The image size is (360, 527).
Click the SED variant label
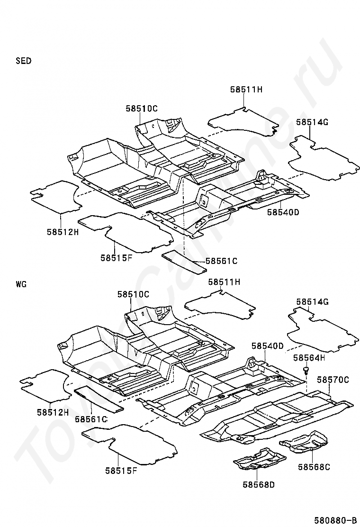point(24,61)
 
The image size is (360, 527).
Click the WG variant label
point(21,284)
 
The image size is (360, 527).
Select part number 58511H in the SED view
point(246,90)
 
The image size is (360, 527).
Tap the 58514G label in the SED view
point(312,122)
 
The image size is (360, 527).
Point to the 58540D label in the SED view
point(283,212)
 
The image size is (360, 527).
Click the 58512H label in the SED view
point(63,232)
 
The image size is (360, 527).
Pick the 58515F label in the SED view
point(116,258)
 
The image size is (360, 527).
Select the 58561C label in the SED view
point(221,261)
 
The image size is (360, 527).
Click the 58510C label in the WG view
point(133,294)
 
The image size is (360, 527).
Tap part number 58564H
point(309,358)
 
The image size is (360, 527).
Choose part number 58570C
point(333,380)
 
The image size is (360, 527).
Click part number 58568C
point(314,467)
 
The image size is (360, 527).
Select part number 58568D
point(259,484)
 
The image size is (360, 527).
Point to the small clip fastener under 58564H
point(306,371)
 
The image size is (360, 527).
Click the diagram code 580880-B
point(335,521)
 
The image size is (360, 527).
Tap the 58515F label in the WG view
point(121,471)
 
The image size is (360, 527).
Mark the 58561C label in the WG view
point(91,419)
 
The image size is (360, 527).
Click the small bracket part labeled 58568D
point(260,458)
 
